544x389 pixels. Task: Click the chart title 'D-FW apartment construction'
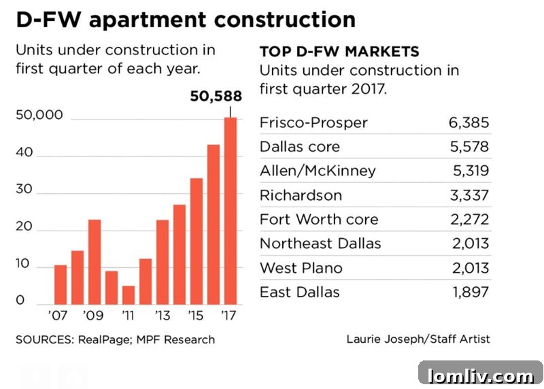tap(186, 20)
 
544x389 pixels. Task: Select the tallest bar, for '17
tap(231, 211)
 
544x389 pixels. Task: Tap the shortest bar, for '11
tap(129, 295)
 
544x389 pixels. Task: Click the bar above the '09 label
tap(95, 262)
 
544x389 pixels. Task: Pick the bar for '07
tap(61, 284)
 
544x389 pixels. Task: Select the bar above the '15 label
tap(197, 241)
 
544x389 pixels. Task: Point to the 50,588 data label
tap(216, 97)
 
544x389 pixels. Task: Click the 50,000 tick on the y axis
tap(39, 115)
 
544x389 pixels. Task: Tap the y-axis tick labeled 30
tap(24, 189)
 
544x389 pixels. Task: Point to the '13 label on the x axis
tap(162, 316)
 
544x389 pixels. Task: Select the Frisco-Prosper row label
tap(313, 123)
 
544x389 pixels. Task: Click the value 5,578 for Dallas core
tap(467, 147)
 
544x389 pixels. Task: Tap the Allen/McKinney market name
tap(318, 171)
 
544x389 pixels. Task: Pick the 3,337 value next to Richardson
tap(467, 195)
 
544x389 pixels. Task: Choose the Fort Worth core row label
tap(319, 220)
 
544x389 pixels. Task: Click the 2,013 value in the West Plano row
tap(467, 268)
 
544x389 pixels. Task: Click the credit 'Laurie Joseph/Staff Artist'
tap(418, 339)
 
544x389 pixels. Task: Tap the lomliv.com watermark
tap(480, 375)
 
